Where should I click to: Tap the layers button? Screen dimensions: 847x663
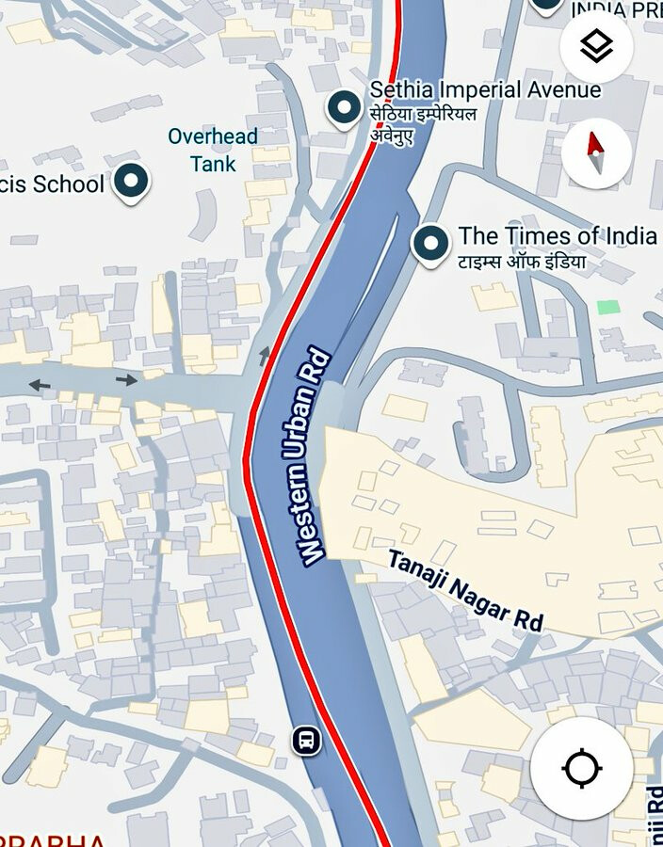click(x=596, y=46)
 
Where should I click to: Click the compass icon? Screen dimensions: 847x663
click(x=595, y=153)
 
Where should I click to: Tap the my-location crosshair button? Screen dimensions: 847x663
click(x=581, y=768)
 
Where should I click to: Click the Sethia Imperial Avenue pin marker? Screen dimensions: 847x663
click(x=344, y=107)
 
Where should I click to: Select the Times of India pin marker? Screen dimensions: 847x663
click(x=431, y=244)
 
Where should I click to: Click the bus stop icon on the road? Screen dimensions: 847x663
click(x=306, y=741)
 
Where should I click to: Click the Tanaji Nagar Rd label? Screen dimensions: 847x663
click(x=465, y=590)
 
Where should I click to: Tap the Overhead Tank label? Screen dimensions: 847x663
click(x=213, y=150)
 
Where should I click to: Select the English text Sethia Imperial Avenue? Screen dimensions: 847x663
click(x=485, y=90)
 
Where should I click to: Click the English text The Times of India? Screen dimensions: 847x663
click(x=557, y=235)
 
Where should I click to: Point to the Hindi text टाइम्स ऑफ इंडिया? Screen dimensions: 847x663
click(x=522, y=262)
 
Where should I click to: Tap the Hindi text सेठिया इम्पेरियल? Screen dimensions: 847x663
click(x=423, y=115)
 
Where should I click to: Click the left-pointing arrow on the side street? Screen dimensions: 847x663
click(x=40, y=384)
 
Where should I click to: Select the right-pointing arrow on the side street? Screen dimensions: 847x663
click(x=126, y=380)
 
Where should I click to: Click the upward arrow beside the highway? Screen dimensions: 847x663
click(x=265, y=355)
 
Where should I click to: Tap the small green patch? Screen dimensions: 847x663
click(x=608, y=307)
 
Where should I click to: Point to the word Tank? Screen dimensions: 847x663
click(x=213, y=164)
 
